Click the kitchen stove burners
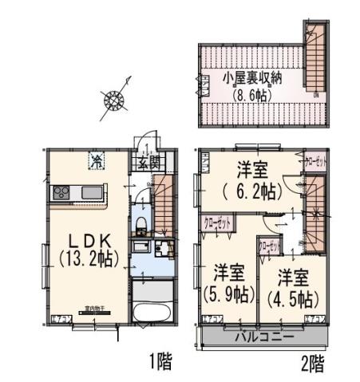(x=62, y=195)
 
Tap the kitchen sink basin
(x=90, y=195)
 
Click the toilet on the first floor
(x=140, y=223)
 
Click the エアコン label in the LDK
(x=59, y=319)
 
